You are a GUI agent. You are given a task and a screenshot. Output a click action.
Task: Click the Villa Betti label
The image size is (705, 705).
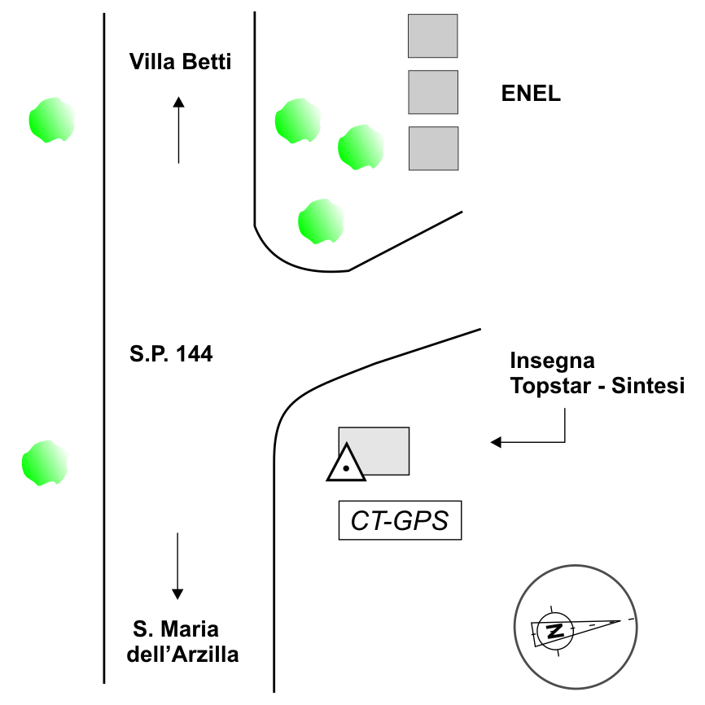(181, 62)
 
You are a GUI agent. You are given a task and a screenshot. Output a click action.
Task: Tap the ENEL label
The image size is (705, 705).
(531, 93)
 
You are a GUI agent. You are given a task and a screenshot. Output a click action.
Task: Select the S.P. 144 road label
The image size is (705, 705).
(171, 354)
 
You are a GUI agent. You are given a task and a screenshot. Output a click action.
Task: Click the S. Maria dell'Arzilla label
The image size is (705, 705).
(182, 642)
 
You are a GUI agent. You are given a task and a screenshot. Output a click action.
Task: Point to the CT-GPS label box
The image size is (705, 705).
(400, 520)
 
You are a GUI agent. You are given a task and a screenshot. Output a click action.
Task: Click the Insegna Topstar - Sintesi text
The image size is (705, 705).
(597, 373)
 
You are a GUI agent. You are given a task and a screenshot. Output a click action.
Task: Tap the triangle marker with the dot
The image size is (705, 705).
(346, 465)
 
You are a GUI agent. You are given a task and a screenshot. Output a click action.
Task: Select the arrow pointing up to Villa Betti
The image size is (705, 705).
(178, 129)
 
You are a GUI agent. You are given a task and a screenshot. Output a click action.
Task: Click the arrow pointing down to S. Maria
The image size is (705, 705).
(177, 566)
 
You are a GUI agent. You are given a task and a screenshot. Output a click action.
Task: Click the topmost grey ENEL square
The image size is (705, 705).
(432, 36)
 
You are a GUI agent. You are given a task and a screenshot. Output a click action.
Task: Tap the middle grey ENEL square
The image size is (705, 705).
(432, 92)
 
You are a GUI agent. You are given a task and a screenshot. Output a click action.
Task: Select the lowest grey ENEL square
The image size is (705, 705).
(433, 148)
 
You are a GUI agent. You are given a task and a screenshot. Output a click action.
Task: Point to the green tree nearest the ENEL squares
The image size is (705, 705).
(361, 147)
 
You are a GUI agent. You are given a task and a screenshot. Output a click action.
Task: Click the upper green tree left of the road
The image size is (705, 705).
(51, 120)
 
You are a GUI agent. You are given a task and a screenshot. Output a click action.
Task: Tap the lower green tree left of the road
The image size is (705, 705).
(44, 463)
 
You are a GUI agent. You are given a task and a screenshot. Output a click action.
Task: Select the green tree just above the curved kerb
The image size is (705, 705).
(321, 221)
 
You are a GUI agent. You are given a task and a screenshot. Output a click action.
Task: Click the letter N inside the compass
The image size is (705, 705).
(555, 630)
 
